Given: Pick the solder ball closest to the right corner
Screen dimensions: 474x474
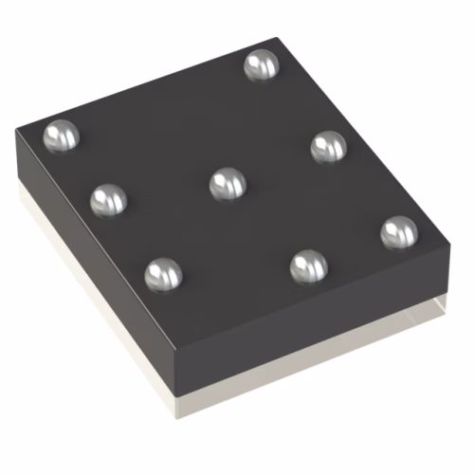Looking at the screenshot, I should coord(399,232).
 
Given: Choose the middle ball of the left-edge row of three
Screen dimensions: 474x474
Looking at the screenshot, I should coord(108,199).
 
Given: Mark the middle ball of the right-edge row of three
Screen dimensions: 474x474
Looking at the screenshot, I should coord(329,146).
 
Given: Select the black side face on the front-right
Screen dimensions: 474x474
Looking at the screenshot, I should coord(313,327).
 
